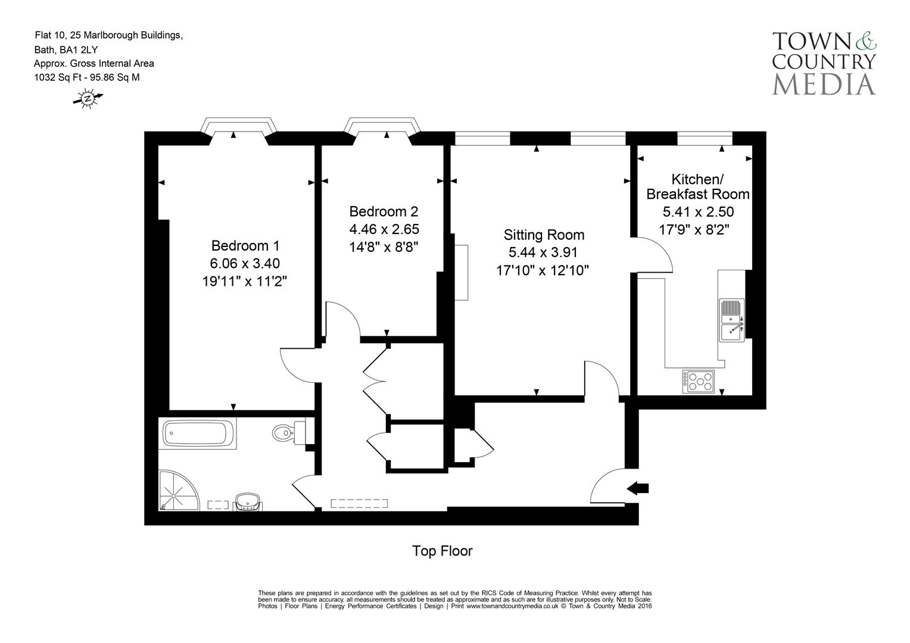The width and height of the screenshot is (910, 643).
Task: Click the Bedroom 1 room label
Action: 245,245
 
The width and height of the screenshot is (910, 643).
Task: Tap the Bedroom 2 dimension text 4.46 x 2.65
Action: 384,229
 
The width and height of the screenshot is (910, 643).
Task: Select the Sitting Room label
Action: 544,235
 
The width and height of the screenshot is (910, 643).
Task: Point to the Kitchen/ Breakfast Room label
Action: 697,186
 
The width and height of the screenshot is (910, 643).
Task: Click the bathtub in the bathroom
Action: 197,433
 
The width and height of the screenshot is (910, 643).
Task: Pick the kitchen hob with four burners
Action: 699,381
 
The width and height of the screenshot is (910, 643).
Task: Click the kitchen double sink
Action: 731,320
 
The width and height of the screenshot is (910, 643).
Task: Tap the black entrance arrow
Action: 638,488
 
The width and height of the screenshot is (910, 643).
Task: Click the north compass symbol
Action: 88,98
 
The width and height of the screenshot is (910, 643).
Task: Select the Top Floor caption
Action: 442,551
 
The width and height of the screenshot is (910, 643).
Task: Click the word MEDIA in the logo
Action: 824,83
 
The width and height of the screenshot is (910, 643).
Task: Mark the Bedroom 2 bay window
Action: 384,127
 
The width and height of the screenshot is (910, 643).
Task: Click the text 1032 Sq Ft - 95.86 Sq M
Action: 87,77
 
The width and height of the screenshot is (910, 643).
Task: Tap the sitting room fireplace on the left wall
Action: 462,271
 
